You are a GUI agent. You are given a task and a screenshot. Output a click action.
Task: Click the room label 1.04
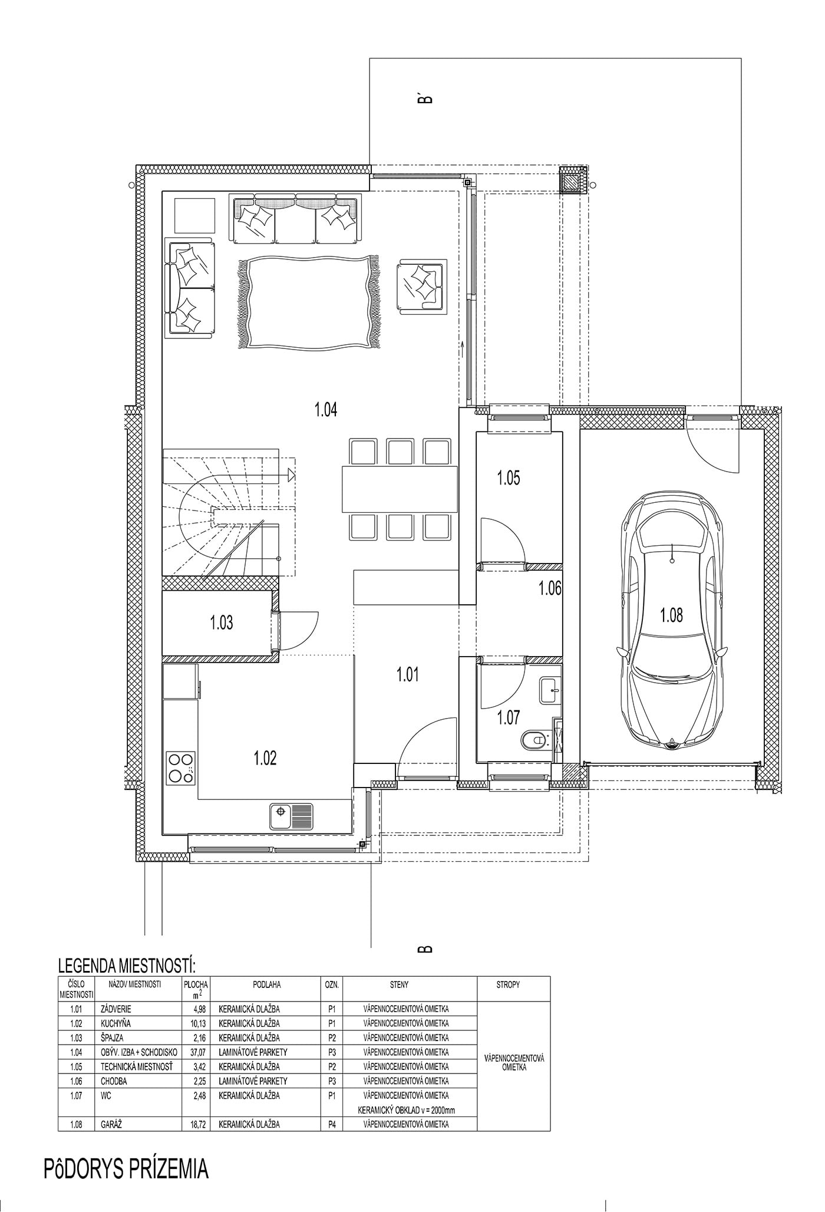pyautogui.click(x=326, y=410)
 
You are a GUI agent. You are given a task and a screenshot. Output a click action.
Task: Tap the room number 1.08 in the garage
pyautogui.click(x=671, y=615)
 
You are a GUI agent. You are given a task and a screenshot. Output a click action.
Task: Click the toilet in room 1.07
pyautogui.click(x=534, y=740)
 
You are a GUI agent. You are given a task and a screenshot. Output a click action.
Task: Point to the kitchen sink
pyautogui.click(x=292, y=816)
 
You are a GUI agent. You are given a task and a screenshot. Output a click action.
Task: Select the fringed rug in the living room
pyautogui.click(x=308, y=303)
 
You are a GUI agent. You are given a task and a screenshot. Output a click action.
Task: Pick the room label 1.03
pyautogui.click(x=222, y=623)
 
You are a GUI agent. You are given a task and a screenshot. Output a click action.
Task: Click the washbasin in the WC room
pyautogui.click(x=551, y=690)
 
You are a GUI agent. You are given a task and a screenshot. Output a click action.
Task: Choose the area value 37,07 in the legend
pyautogui.click(x=195, y=1052)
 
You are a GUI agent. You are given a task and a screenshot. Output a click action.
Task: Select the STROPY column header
pyautogui.click(x=508, y=984)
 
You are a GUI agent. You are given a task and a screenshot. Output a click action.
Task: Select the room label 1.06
pyautogui.click(x=550, y=588)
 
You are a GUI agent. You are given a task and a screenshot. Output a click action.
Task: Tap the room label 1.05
pyautogui.click(x=508, y=477)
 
